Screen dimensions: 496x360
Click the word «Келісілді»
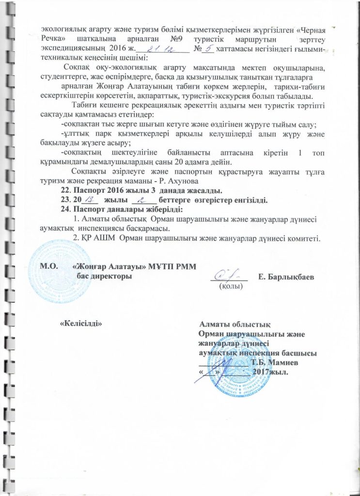coord(81,323)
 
